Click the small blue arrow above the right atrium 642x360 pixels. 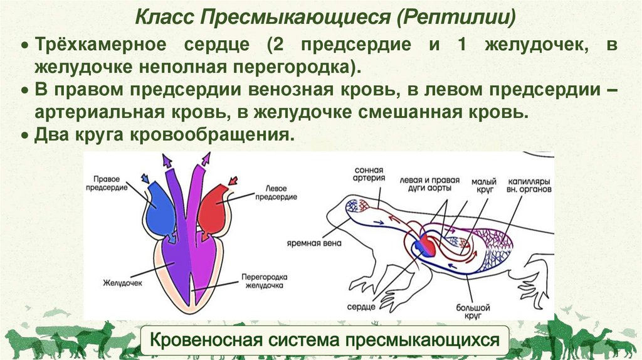[145, 178]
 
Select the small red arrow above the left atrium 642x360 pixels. [233, 182]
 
